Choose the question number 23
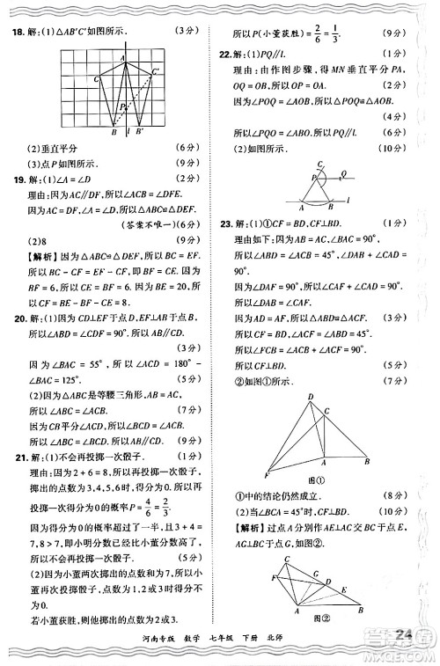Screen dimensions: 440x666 (226, 223)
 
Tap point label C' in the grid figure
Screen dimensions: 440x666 (156, 70)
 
